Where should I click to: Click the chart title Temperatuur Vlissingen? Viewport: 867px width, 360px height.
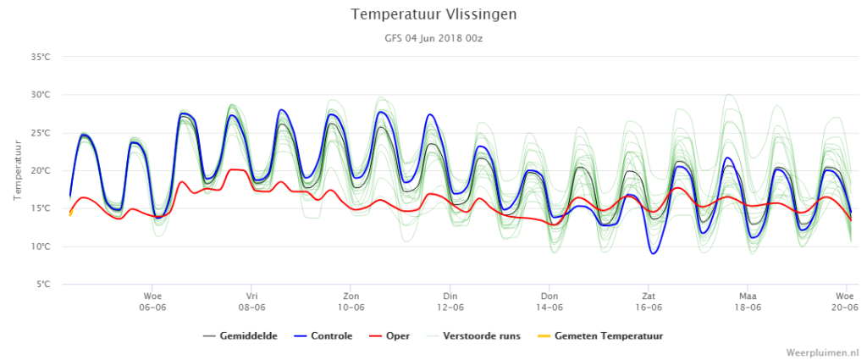433,14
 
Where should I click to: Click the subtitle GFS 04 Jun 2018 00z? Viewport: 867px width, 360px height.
433,39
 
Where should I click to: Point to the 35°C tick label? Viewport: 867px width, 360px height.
41,57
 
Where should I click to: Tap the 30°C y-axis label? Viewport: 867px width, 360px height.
41,95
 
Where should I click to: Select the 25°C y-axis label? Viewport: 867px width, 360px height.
41,133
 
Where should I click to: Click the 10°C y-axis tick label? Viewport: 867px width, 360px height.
41,246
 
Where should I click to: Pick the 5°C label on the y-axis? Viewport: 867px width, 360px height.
42,285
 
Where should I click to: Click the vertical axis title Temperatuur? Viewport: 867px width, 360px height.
17,170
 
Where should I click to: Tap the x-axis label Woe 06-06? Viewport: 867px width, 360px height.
152,302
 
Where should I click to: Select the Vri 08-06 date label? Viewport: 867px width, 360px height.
251,302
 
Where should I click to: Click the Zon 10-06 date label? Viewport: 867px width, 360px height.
351,302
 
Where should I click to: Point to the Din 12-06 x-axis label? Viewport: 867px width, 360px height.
450,302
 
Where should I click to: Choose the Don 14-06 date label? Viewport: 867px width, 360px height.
549,302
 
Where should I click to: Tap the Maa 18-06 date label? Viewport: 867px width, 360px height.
748,302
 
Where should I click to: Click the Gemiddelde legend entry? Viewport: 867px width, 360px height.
240,335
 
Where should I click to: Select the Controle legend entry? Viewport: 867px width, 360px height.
323,335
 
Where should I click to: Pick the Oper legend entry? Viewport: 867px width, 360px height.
389,335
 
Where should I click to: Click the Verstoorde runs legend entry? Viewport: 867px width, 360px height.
474,335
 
